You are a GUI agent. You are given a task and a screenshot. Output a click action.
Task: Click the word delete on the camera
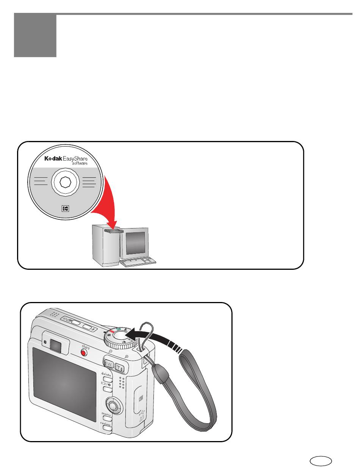(106, 374)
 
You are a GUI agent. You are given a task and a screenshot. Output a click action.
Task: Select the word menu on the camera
(106, 414)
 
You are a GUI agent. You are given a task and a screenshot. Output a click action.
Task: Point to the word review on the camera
(105, 424)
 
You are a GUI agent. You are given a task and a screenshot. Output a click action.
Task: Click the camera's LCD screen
(64, 385)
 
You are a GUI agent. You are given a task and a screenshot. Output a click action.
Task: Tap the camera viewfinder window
(56, 344)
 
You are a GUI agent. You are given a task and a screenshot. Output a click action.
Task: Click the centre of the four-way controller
(113, 406)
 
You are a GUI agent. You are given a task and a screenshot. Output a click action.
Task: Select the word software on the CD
(80, 164)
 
